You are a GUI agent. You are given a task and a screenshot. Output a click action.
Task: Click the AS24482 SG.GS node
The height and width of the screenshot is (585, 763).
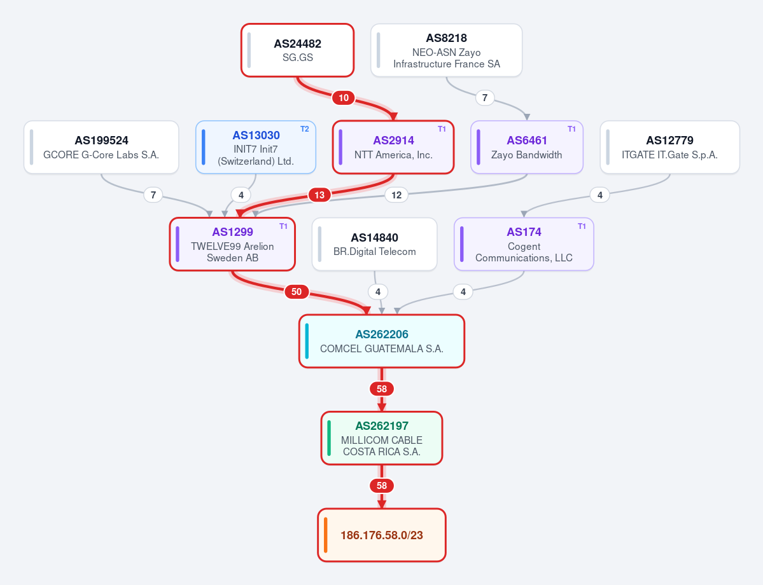coord(297,50)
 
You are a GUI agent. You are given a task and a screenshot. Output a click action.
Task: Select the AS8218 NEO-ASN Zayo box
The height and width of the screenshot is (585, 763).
coord(446,50)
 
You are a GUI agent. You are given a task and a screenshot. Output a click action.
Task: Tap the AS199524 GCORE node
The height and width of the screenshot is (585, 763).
coord(101,148)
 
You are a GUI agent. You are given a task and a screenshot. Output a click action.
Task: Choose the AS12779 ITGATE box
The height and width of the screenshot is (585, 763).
coord(669,148)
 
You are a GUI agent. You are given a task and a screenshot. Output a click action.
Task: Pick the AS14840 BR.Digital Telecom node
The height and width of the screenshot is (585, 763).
coord(374,244)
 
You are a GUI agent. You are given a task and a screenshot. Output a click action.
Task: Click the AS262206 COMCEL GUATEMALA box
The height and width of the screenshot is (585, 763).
coord(382,341)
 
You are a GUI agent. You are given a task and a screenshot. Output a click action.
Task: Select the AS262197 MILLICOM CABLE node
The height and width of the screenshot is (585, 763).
coord(382,438)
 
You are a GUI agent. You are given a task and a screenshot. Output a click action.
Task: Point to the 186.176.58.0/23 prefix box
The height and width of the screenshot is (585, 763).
coord(382,535)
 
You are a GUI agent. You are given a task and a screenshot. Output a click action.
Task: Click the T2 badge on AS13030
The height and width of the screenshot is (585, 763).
coord(305,129)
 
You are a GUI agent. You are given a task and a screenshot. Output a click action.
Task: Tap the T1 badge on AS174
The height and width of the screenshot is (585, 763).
coord(582,226)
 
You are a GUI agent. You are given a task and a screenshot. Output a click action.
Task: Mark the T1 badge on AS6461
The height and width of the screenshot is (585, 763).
coord(571,129)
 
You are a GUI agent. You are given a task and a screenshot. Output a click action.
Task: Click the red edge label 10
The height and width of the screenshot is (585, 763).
coord(344,98)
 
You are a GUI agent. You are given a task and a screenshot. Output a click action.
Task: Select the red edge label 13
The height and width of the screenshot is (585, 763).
coord(319,195)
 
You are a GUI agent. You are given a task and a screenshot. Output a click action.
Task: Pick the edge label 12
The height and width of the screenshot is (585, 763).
coord(396,195)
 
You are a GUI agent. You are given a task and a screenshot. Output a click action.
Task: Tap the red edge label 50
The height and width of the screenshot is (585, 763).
coord(297,292)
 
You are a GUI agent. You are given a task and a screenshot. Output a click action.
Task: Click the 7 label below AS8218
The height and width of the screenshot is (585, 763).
coord(485,98)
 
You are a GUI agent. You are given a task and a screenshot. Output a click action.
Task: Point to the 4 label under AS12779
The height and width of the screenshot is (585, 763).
coord(600,195)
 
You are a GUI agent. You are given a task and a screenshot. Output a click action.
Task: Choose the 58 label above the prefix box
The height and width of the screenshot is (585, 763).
coord(382,485)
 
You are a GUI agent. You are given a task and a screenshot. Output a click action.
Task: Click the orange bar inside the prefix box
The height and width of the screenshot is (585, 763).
coord(326,535)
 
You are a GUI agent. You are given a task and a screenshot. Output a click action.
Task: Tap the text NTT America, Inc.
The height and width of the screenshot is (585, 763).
coord(393,155)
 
